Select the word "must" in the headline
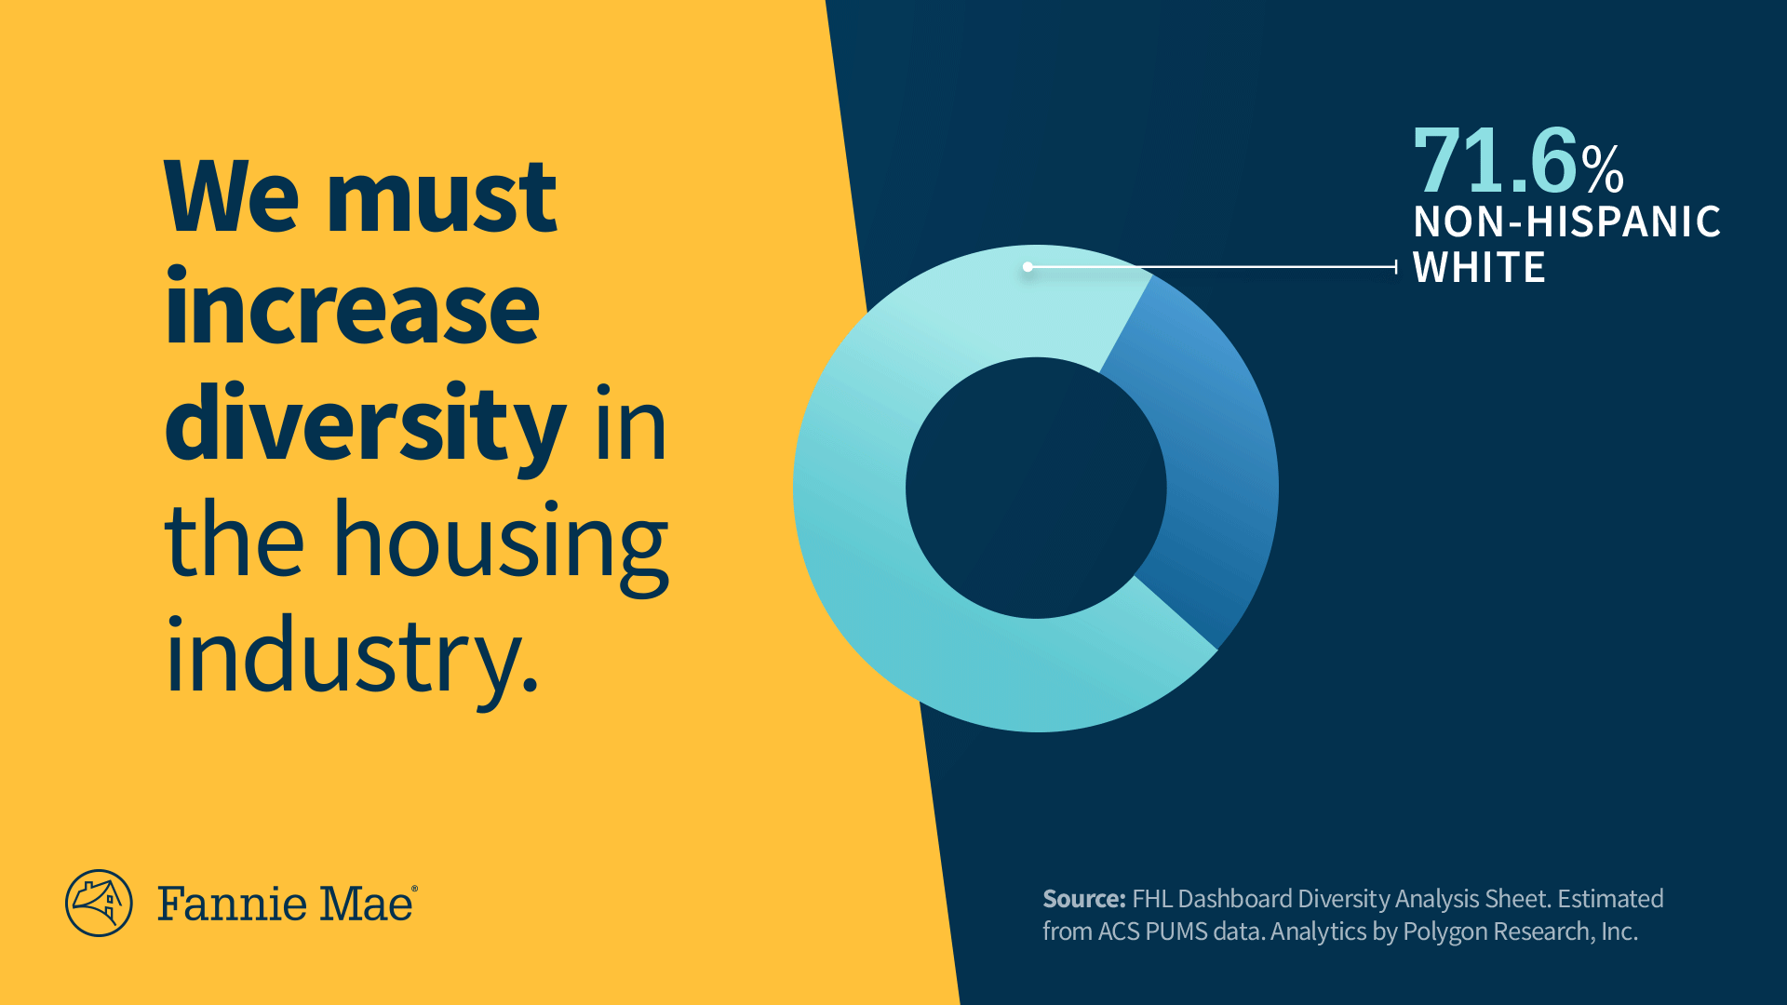pyautogui.click(x=442, y=198)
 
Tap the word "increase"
pyautogui.click(x=352, y=307)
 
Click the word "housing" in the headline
pyautogui.click(x=501, y=544)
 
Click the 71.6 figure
pyautogui.click(x=1496, y=160)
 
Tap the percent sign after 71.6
pyautogui.click(x=1603, y=168)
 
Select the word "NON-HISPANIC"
pyautogui.click(x=1567, y=222)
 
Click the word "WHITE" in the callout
pyautogui.click(x=1479, y=268)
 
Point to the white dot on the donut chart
pyautogui.click(x=1028, y=267)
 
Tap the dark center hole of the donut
pyautogui.click(x=1036, y=488)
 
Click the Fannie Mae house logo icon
pyautogui.click(x=99, y=903)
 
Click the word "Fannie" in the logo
pyautogui.click(x=233, y=904)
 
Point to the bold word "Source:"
pyautogui.click(x=1084, y=899)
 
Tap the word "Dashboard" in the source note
pyautogui.click(x=1235, y=899)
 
